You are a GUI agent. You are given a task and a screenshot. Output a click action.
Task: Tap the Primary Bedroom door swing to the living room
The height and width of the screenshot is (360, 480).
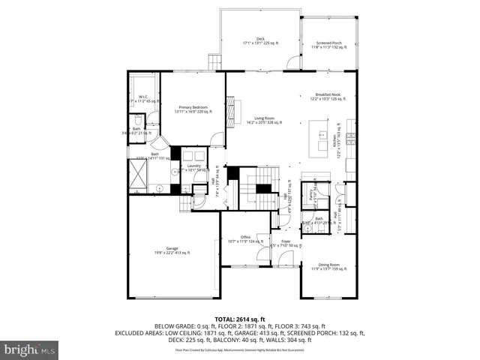217,139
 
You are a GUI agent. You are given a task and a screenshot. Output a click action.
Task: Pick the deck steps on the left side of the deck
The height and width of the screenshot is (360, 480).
214,62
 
